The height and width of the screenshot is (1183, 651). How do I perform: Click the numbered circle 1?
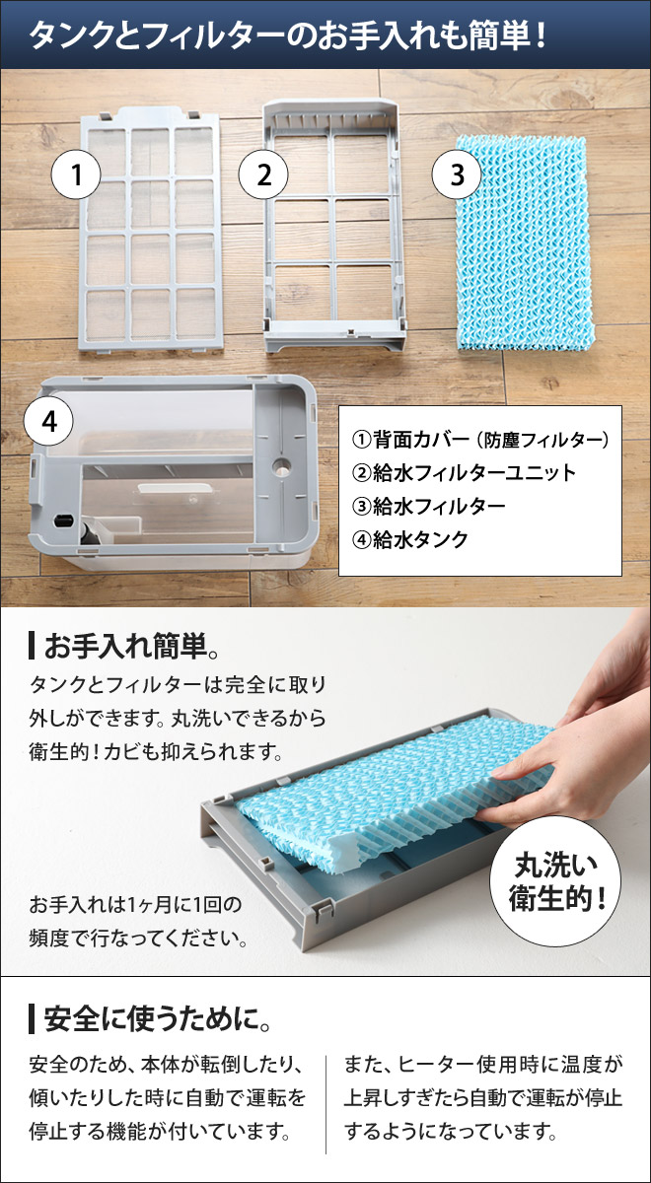(x=77, y=175)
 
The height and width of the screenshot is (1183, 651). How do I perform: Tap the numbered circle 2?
(x=263, y=175)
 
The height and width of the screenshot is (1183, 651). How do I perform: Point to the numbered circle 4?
(x=49, y=422)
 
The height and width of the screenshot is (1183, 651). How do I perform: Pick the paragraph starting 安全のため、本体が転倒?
(x=168, y=1097)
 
